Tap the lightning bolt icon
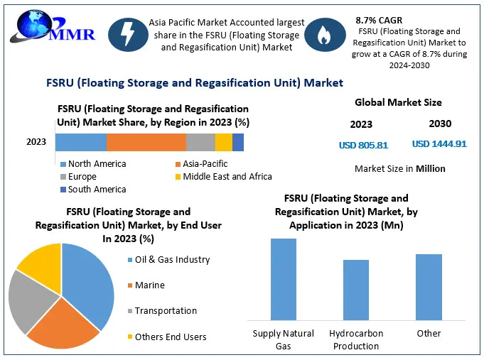pos(127,35)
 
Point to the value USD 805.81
pos(363,145)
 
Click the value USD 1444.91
pos(439,144)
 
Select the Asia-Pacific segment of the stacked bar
pos(146,142)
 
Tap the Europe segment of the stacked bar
pos(200,142)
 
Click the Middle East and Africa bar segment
pos(223,142)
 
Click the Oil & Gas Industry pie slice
pos(89,280)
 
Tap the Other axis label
pos(429,333)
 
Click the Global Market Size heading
pos(398,103)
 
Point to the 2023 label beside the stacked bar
pos(36,142)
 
